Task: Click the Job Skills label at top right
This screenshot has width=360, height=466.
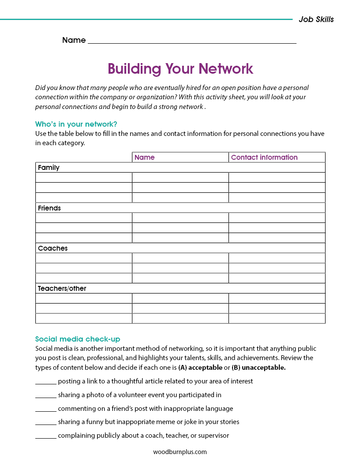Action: coord(316,19)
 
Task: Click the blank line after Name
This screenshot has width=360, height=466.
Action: coord(192,41)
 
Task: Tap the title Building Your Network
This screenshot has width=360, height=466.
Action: coord(180,69)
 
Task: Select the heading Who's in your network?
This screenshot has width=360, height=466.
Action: coord(76,124)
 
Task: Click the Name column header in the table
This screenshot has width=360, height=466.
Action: coord(145,158)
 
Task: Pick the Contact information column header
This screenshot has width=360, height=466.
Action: coord(264,158)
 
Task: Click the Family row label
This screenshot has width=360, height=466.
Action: coord(49,168)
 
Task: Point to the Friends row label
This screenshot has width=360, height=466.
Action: coord(49,208)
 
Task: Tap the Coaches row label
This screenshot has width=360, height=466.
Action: coord(52,248)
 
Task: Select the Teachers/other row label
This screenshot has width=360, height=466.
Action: coord(62,288)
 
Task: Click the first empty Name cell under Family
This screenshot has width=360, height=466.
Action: coord(180,177)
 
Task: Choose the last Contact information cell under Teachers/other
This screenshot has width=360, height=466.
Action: coord(277,318)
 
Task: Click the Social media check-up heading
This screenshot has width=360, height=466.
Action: coord(78,339)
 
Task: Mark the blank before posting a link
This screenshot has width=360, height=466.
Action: coord(45,382)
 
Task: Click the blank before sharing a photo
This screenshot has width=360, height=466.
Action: coord(45,395)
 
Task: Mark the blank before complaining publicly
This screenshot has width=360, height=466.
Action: coord(45,436)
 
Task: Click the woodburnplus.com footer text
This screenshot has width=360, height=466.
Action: coord(180,452)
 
